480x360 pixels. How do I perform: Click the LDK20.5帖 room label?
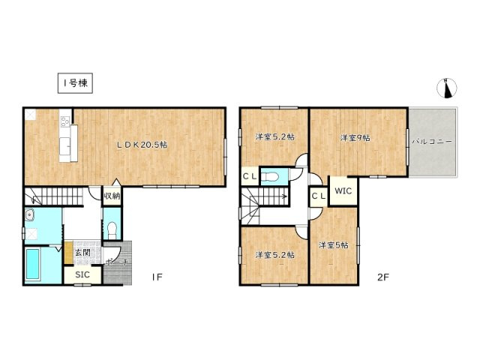click(140, 145)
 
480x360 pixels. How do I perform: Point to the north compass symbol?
click(447, 88)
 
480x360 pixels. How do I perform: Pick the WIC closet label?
click(343, 190)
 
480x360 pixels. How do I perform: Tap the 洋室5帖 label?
click(332, 245)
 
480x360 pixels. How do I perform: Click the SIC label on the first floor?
click(83, 275)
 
